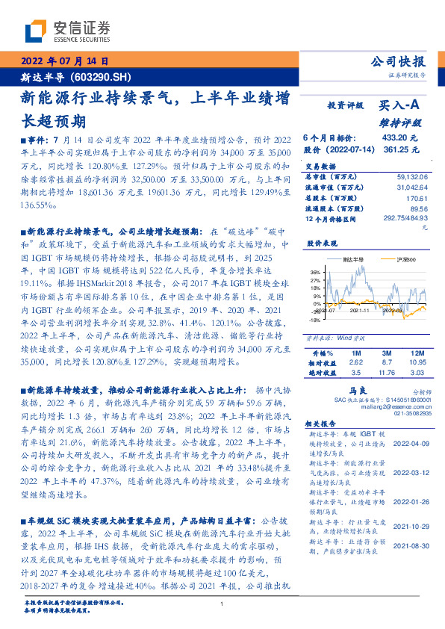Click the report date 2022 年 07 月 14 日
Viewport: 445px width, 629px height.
point(65,61)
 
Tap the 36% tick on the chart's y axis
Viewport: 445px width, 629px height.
point(314,272)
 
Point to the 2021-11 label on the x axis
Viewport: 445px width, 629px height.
point(360,309)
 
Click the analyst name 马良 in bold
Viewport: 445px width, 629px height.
point(355,390)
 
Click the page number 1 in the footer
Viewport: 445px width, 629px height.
point(222,604)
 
